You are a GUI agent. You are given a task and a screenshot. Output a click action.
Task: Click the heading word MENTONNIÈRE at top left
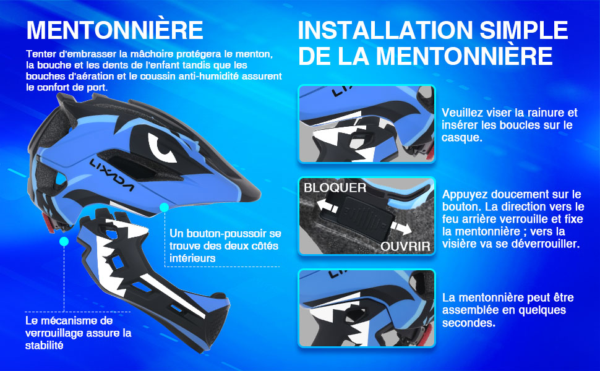[x=115, y=30]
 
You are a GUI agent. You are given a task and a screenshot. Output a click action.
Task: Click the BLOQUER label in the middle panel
[x=335, y=187]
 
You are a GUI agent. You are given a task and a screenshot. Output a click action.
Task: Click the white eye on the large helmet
[x=164, y=147]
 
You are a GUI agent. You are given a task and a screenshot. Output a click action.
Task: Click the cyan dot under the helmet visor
[x=164, y=207]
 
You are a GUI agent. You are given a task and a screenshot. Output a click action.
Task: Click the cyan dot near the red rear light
[x=64, y=242]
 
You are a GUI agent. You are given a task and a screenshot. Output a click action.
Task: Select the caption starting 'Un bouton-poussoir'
[x=224, y=245]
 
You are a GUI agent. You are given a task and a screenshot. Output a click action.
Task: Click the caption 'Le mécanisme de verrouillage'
[x=78, y=333]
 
